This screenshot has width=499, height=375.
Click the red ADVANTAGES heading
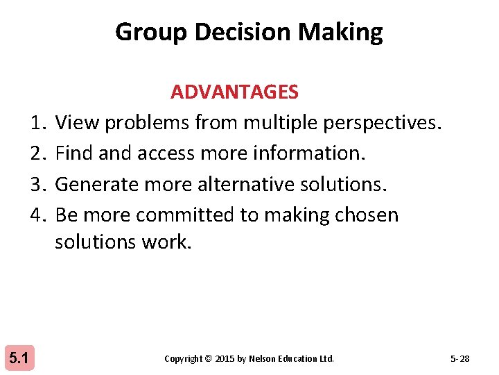click(x=234, y=92)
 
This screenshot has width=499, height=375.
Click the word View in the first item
click(x=76, y=123)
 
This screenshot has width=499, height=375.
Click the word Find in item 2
click(x=75, y=153)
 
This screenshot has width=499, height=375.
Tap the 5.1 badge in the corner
click(x=18, y=358)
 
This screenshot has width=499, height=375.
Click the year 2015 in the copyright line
click(x=225, y=359)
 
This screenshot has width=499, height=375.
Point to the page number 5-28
click(x=459, y=359)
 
